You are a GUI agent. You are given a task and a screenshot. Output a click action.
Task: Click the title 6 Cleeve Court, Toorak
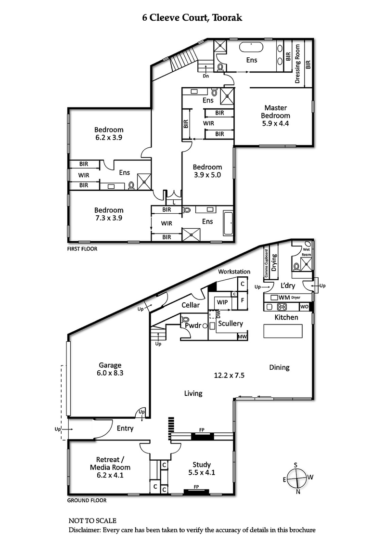tap(192, 18)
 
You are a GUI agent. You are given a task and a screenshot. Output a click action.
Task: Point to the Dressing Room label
tap(298, 64)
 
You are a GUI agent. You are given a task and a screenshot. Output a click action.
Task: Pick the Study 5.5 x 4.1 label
tap(202, 468)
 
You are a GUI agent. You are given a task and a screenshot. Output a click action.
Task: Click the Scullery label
tap(231, 324)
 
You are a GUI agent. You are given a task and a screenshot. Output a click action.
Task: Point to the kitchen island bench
tap(282, 331)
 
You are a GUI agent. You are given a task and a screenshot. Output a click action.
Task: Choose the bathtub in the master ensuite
tap(251, 48)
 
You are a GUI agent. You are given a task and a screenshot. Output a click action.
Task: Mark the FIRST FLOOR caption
tap(82, 249)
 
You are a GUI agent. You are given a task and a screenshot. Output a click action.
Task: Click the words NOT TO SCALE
tap(92, 520)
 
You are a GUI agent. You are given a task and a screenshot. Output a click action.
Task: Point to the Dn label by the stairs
tap(205, 76)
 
